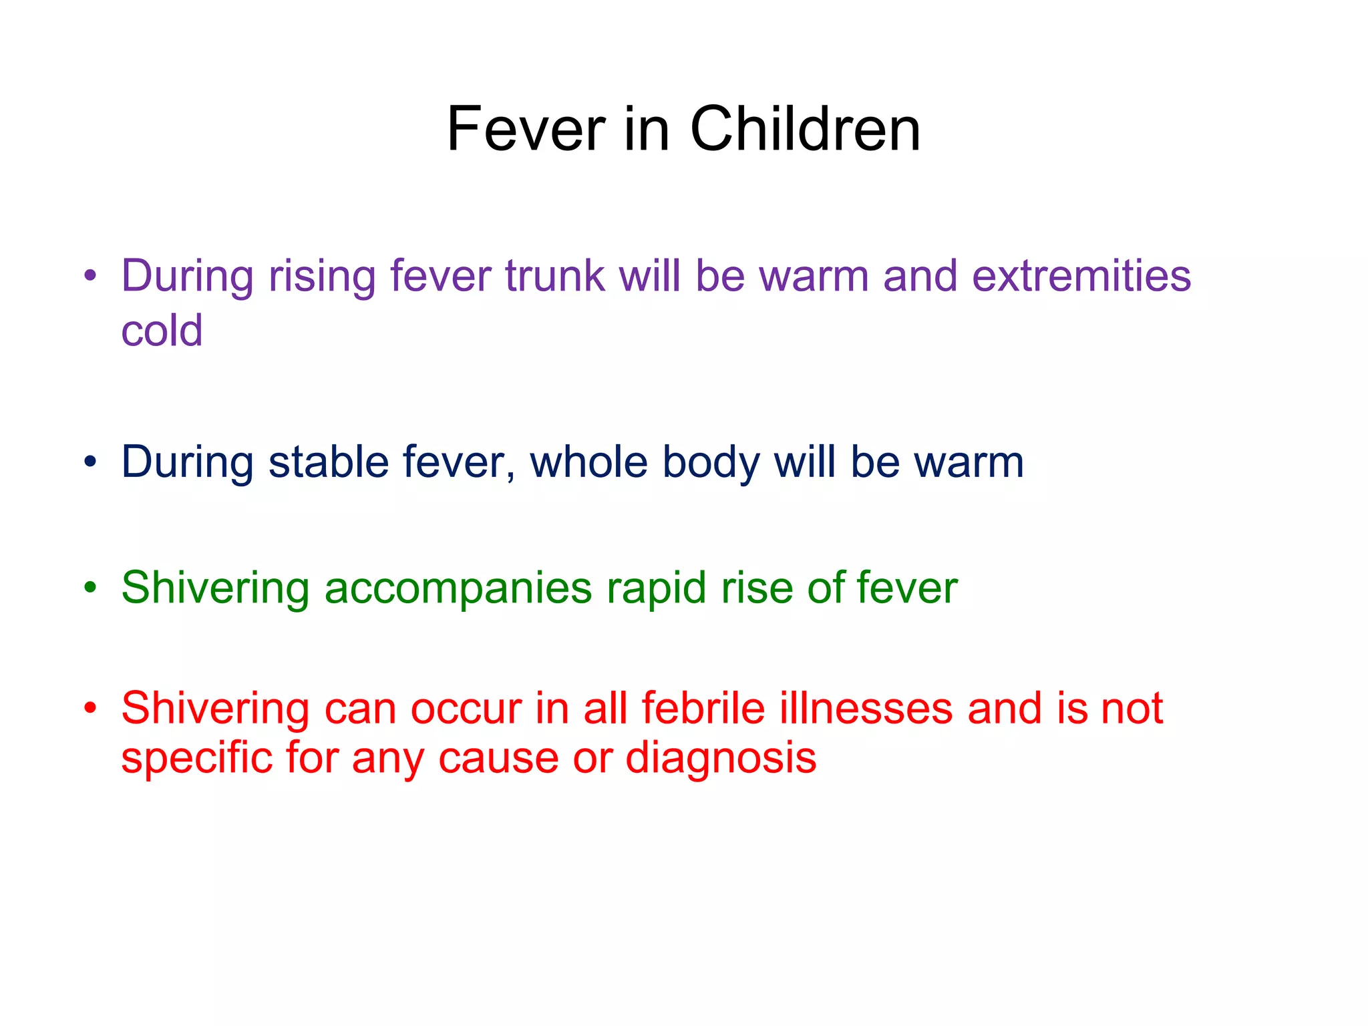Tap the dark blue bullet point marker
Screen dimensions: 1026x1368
(x=91, y=462)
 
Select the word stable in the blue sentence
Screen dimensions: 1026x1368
(x=328, y=462)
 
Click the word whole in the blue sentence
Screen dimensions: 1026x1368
(x=588, y=462)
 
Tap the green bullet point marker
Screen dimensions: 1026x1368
(x=91, y=588)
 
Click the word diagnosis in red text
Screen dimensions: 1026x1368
(x=721, y=759)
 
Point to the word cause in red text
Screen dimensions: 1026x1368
(x=498, y=759)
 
